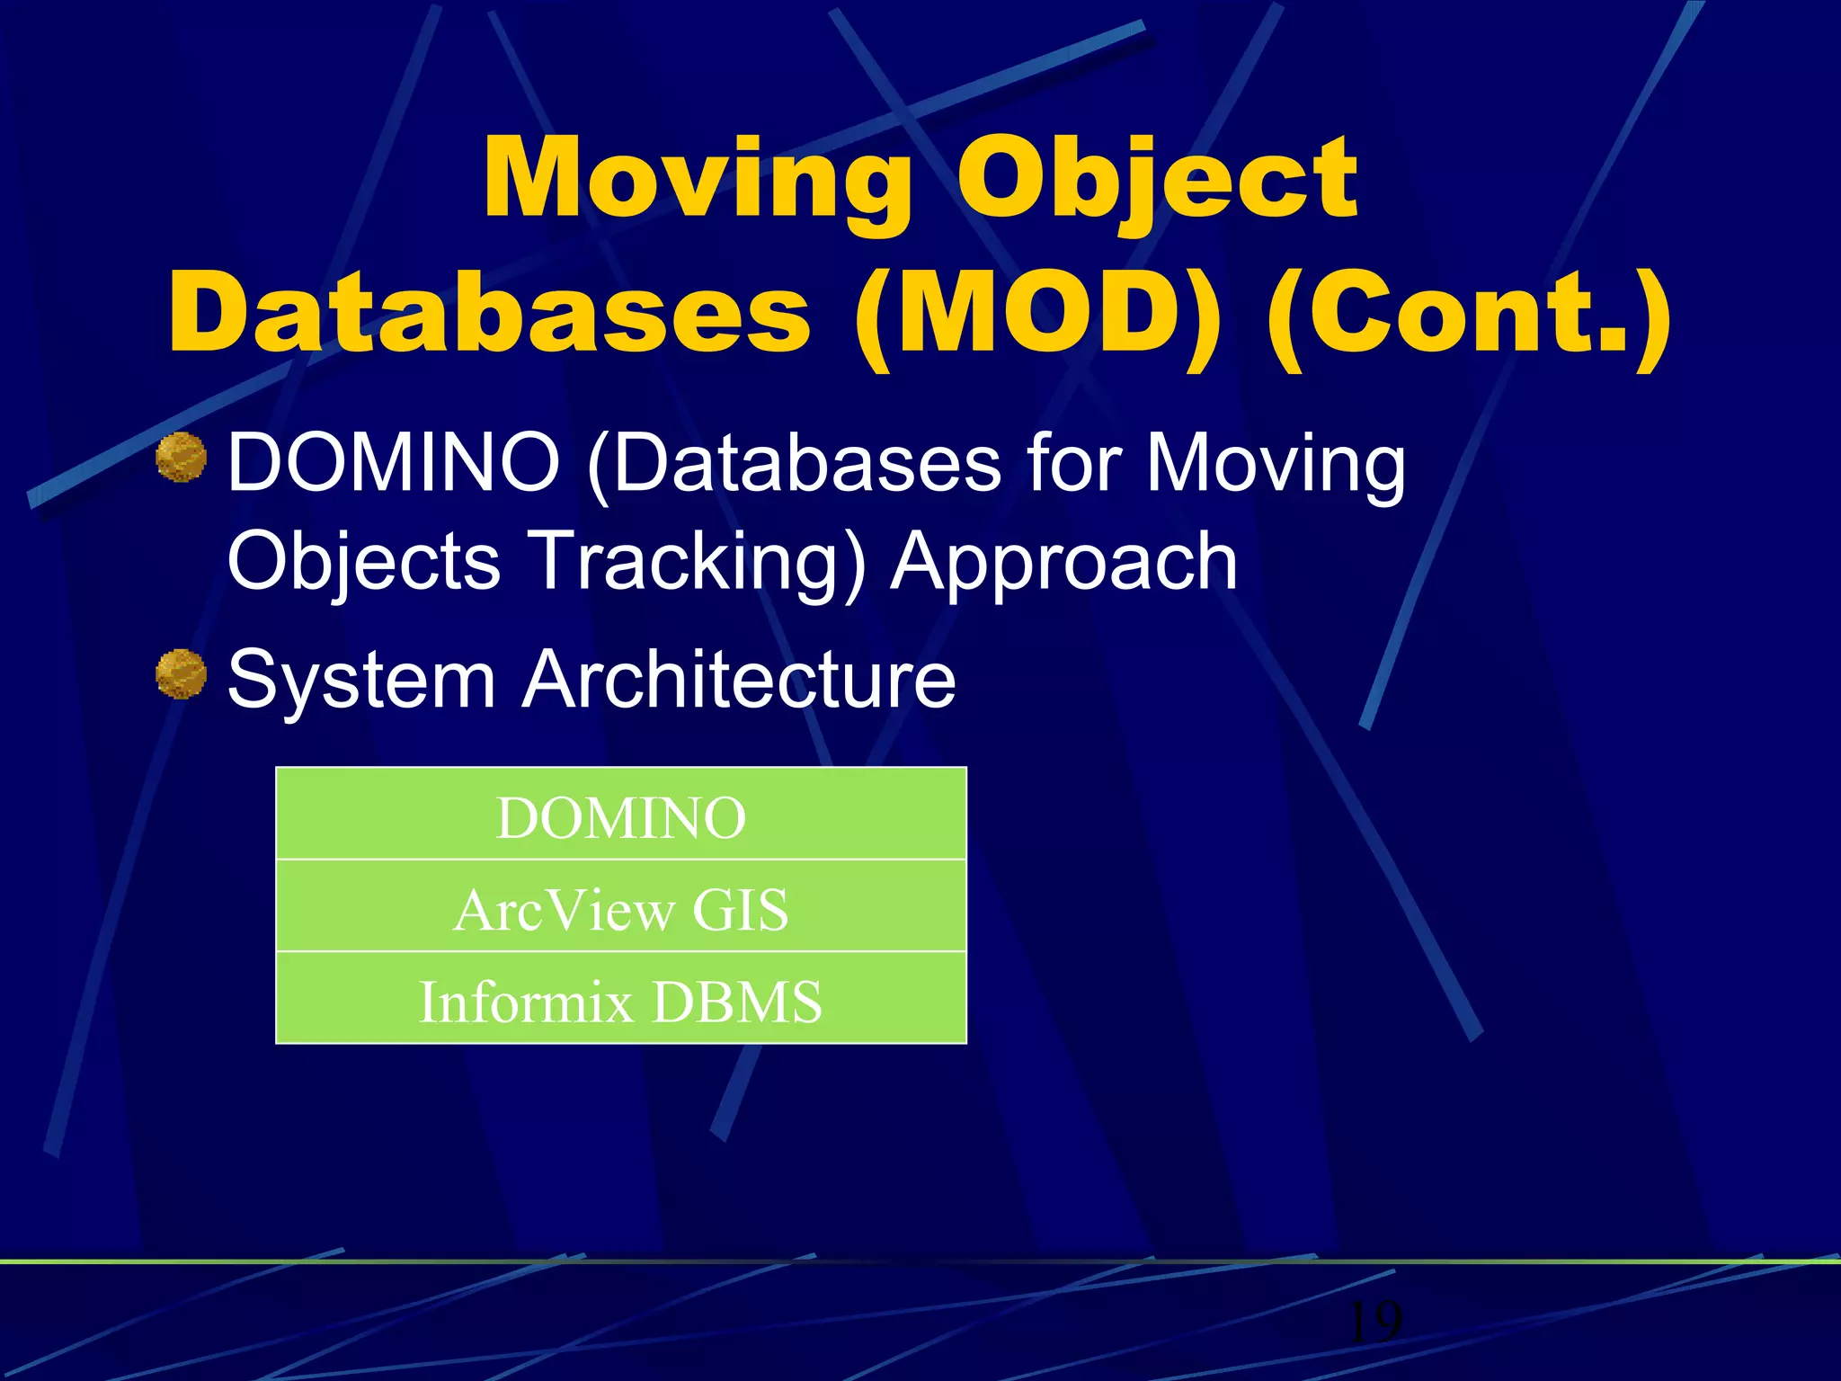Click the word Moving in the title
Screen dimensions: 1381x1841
[698, 180]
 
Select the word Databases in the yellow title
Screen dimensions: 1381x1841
[490, 312]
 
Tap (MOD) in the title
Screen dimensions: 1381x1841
[1038, 312]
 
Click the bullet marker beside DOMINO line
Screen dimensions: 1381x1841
[181, 457]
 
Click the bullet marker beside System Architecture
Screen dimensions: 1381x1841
[181, 673]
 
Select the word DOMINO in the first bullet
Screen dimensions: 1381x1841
[394, 463]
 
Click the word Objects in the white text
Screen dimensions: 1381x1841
[363, 562]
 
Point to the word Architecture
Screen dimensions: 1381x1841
[739, 680]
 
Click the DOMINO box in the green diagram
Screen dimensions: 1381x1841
[620, 816]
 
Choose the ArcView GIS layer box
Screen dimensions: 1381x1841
[620, 909]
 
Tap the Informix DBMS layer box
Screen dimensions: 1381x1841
[620, 1001]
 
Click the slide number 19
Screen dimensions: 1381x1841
[1375, 1321]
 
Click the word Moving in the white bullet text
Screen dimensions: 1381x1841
[1276, 463]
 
